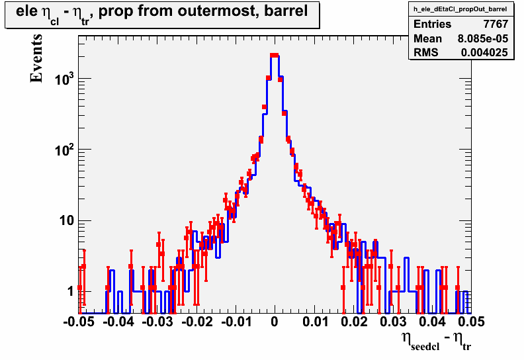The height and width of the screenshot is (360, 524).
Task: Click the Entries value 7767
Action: (496, 24)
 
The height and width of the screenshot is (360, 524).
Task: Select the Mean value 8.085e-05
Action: (483, 38)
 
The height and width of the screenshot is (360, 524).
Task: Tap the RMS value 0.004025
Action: (484, 52)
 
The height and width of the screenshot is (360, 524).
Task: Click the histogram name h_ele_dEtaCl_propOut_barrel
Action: (460, 9)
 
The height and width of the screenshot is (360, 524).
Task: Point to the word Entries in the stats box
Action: (433, 24)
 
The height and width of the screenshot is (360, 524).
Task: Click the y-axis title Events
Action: (36, 58)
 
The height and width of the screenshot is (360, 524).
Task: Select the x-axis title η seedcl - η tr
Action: (437, 341)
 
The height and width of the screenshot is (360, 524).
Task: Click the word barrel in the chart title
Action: (286, 11)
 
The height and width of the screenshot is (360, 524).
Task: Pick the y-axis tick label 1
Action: (71, 291)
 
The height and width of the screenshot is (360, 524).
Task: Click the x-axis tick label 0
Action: (275, 321)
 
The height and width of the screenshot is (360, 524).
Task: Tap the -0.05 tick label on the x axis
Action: (79, 321)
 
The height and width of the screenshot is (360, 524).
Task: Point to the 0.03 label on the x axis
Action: (392, 321)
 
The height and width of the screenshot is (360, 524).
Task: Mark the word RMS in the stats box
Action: (426, 52)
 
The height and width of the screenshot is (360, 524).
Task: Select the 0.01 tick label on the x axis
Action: (315, 321)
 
